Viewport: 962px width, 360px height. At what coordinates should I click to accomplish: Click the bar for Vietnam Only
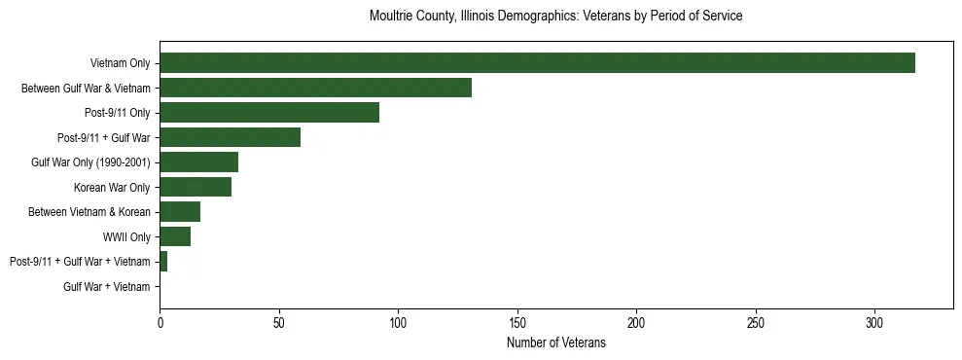537,63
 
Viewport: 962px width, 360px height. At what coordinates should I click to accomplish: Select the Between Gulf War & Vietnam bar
315,88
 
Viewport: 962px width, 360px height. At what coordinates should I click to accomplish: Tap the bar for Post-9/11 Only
269,113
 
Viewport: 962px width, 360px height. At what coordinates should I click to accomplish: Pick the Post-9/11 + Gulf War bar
230,137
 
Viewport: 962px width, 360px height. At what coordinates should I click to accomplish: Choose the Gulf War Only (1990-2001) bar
198,162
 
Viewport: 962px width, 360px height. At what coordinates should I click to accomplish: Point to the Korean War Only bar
196,187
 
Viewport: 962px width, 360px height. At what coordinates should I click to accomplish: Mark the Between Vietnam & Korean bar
180,212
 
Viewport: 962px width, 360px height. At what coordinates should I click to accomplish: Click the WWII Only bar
175,236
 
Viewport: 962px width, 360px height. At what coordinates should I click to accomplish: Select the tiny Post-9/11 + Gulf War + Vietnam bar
163,262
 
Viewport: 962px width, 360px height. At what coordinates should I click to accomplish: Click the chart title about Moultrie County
556,17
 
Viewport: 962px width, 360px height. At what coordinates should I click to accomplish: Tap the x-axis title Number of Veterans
556,343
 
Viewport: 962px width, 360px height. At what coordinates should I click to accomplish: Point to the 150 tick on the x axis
517,323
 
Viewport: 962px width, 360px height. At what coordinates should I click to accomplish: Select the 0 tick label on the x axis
160,323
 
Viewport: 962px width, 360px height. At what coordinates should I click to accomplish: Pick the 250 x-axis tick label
756,323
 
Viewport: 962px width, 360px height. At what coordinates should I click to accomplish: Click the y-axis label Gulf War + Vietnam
107,287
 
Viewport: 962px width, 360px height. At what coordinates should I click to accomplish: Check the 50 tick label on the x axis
279,323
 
